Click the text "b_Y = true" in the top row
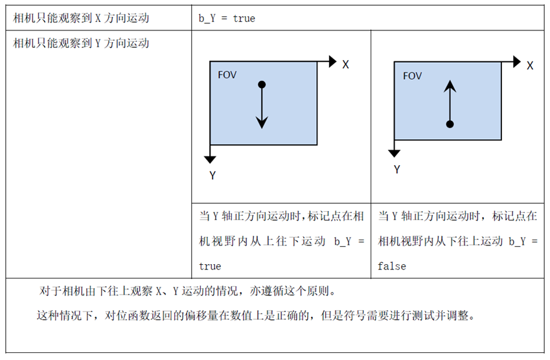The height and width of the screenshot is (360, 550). click(x=227, y=18)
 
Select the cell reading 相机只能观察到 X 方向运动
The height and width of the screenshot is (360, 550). click(x=82, y=18)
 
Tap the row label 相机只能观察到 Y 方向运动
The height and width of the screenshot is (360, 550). click(x=82, y=43)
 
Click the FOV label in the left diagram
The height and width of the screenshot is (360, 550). click(x=227, y=74)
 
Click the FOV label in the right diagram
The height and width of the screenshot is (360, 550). click(x=412, y=76)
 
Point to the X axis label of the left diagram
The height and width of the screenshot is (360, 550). click(x=346, y=65)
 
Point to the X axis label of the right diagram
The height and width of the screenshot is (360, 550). click(x=530, y=65)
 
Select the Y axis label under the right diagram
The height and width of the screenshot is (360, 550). click(x=396, y=169)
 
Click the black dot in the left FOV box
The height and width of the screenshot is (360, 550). click(x=262, y=85)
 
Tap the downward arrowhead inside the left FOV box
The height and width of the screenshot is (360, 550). click(x=262, y=121)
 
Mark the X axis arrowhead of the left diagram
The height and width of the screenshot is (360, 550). click(x=332, y=62)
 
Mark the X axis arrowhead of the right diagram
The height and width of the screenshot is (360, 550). click(x=516, y=62)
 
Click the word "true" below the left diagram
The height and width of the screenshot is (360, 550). click(x=210, y=266)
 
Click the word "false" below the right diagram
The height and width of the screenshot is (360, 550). click(x=392, y=266)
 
